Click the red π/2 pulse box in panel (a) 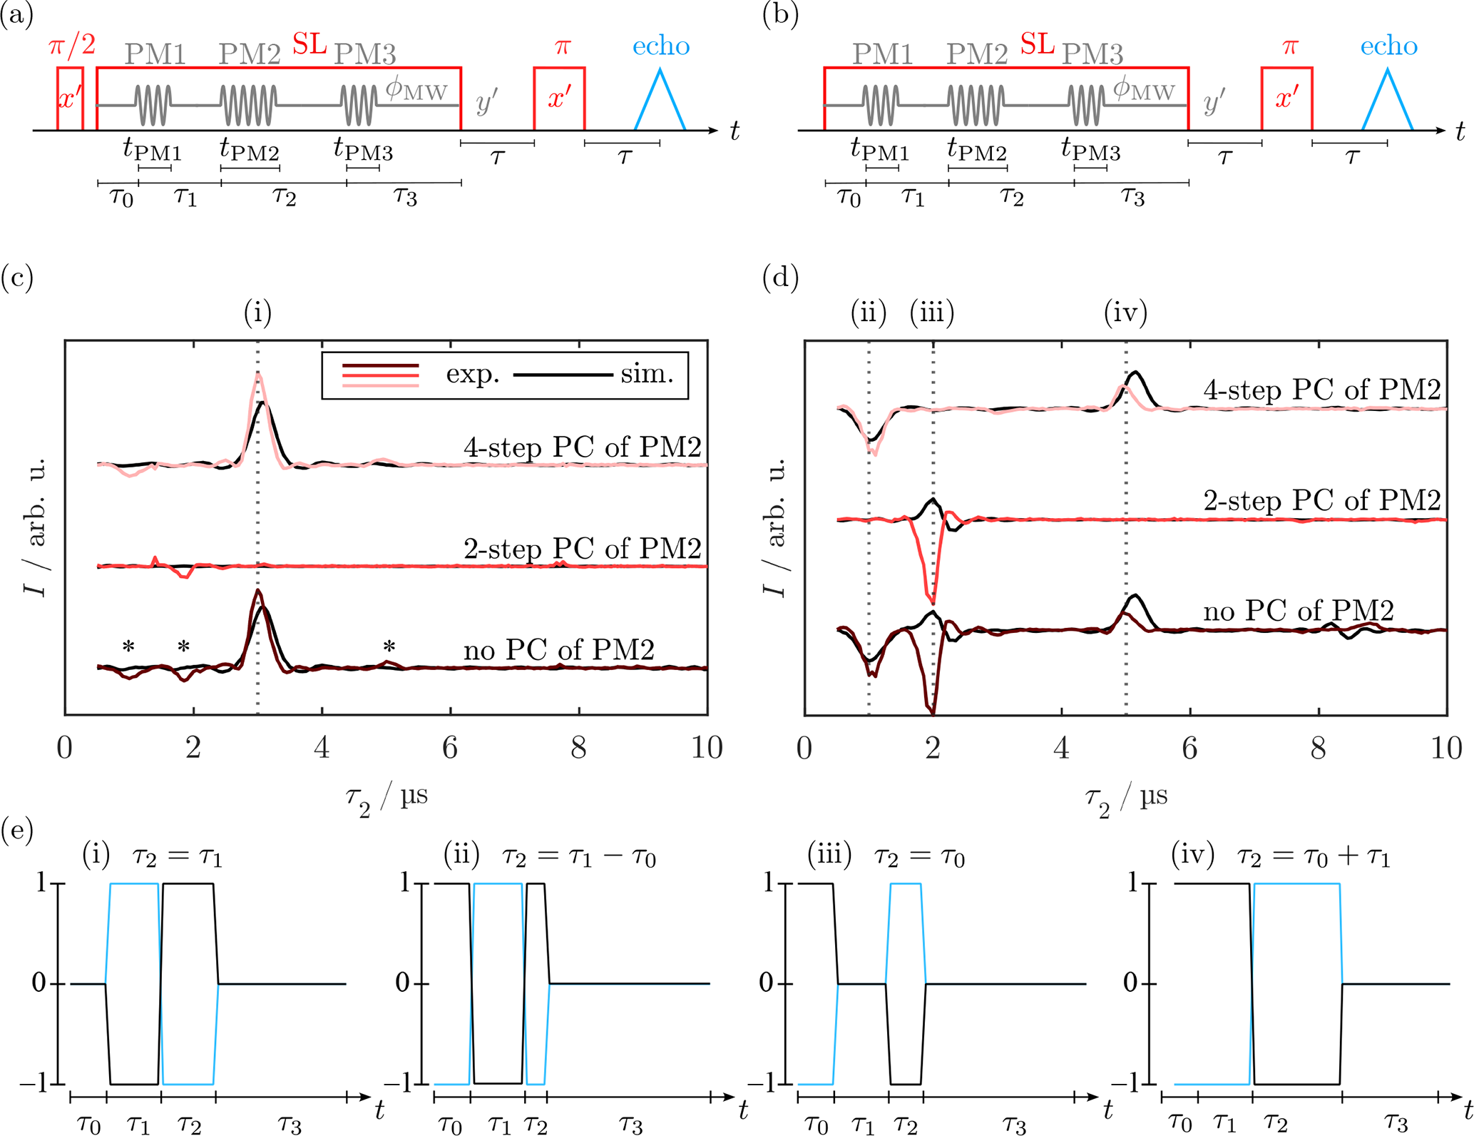(x=70, y=98)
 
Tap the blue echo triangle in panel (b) (x=1387, y=103)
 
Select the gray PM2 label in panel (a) (x=250, y=54)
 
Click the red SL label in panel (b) (x=1037, y=45)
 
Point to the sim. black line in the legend (x=563, y=375)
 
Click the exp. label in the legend (x=473, y=375)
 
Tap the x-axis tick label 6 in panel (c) (x=450, y=747)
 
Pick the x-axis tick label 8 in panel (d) (x=1319, y=747)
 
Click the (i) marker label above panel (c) (x=257, y=313)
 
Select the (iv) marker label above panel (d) (x=1125, y=313)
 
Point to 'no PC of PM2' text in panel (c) (x=558, y=650)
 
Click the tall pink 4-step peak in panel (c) (x=257, y=378)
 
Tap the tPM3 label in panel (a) (x=363, y=151)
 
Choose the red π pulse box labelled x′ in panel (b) (x=1286, y=98)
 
